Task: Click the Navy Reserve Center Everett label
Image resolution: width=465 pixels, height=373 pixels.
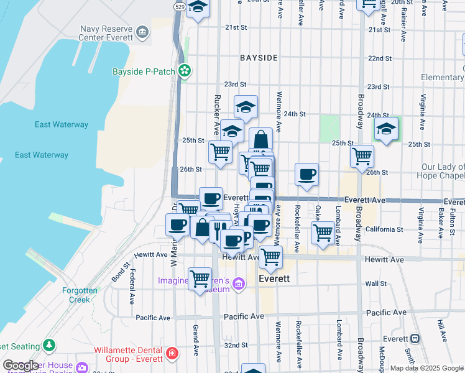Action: pyautogui.click(x=106, y=32)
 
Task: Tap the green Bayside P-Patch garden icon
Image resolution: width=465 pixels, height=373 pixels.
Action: pyautogui.click(x=185, y=71)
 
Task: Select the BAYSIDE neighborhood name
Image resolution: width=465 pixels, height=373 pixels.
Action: pyautogui.click(x=259, y=58)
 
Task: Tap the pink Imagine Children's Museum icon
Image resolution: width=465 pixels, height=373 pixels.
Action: pyautogui.click(x=237, y=285)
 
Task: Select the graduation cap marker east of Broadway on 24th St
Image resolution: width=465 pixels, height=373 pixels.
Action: pyautogui.click(x=386, y=129)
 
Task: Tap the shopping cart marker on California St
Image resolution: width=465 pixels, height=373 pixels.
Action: pyautogui.click(x=322, y=233)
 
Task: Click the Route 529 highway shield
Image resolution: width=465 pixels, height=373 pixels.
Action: pyautogui.click(x=179, y=6)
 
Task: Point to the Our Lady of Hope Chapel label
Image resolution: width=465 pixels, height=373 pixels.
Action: pyautogui.click(x=442, y=171)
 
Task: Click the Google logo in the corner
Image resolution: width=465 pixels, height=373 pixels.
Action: pyautogui.click(x=20, y=366)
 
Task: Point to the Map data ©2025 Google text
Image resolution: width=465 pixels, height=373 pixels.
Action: pyautogui.click(x=426, y=368)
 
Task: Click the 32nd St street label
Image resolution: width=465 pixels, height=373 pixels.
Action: pyautogui.click(x=236, y=345)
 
